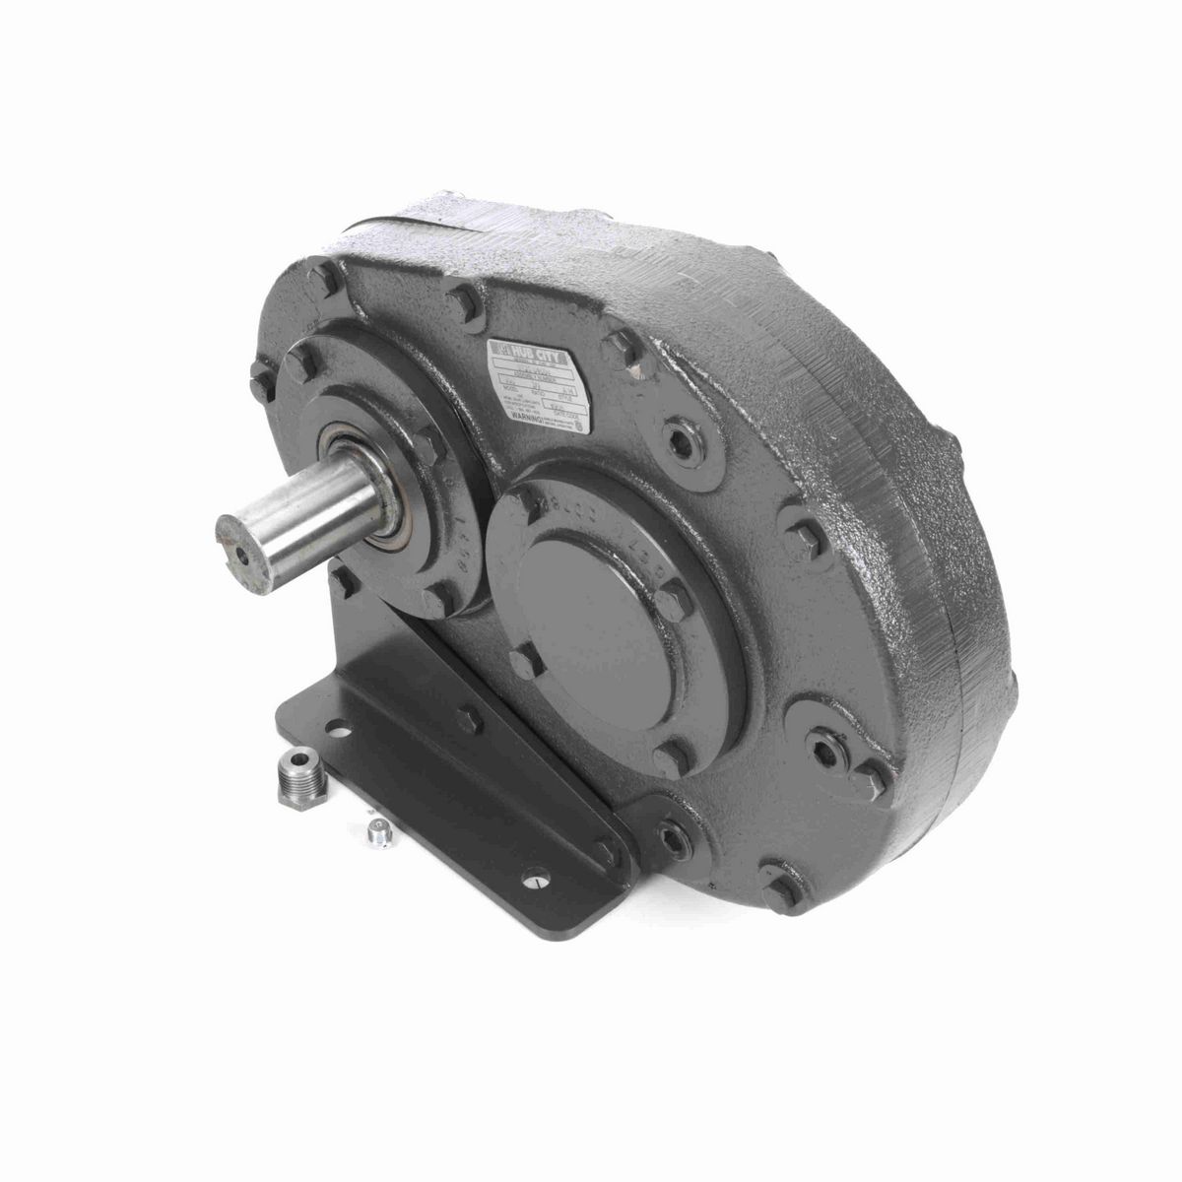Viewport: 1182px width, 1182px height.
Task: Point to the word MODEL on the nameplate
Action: tap(505, 387)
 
